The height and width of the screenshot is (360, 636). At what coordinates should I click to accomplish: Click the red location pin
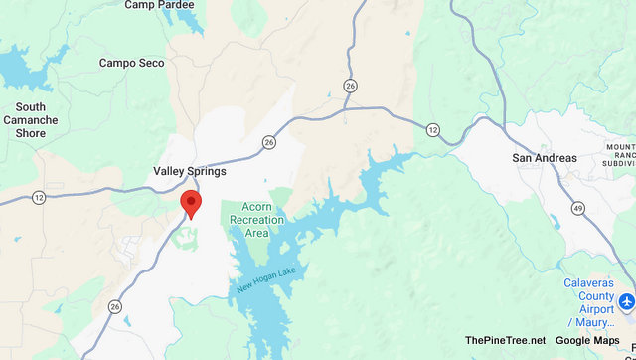click(x=191, y=204)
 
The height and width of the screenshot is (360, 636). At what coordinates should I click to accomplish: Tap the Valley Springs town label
click(x=190, y=171)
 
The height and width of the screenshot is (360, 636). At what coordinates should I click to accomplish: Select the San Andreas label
click(x=544, y=158)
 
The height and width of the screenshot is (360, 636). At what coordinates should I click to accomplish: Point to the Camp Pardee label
click(x=158, y=5)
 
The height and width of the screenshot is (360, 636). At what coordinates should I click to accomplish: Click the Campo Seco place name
click(x=131, y=63)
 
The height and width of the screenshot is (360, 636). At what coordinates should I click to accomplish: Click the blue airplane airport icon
click(x=626, y=301)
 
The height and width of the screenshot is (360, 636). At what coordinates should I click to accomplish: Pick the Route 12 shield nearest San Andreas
click(x=432, y=130)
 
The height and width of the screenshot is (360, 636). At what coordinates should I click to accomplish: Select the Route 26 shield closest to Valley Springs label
click(x=269, y=143)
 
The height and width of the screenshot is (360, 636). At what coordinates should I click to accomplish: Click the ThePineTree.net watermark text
click(x=505, y=341)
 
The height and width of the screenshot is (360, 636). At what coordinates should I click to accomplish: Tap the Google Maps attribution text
click(x=587, y=341)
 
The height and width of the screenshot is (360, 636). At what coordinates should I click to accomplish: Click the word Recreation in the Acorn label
click(x=257, y=220)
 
